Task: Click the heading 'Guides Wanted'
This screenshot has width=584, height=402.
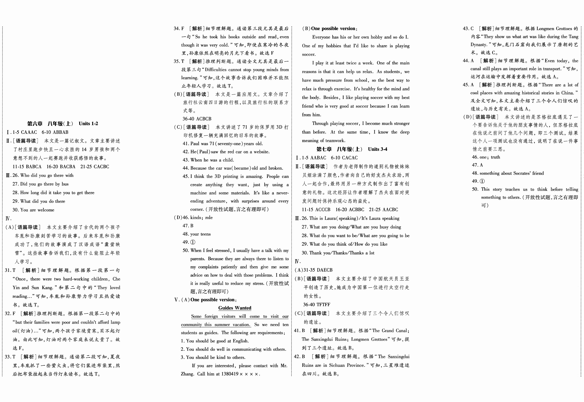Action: pyautogui.click(x=235, y=308)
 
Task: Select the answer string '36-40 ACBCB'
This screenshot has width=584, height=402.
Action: pyautogui.click(x=197, y=119)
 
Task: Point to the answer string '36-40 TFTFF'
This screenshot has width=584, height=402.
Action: pyautogui.click(x=316, y=304)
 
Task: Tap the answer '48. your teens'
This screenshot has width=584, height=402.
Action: pyautogui.click(x=197, y=234)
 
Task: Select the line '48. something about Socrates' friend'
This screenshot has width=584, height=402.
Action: pyautogui.click(x=508, y=173)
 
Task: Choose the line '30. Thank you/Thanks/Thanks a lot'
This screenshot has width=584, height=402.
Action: pyautogui.click(x=338, y=253)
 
